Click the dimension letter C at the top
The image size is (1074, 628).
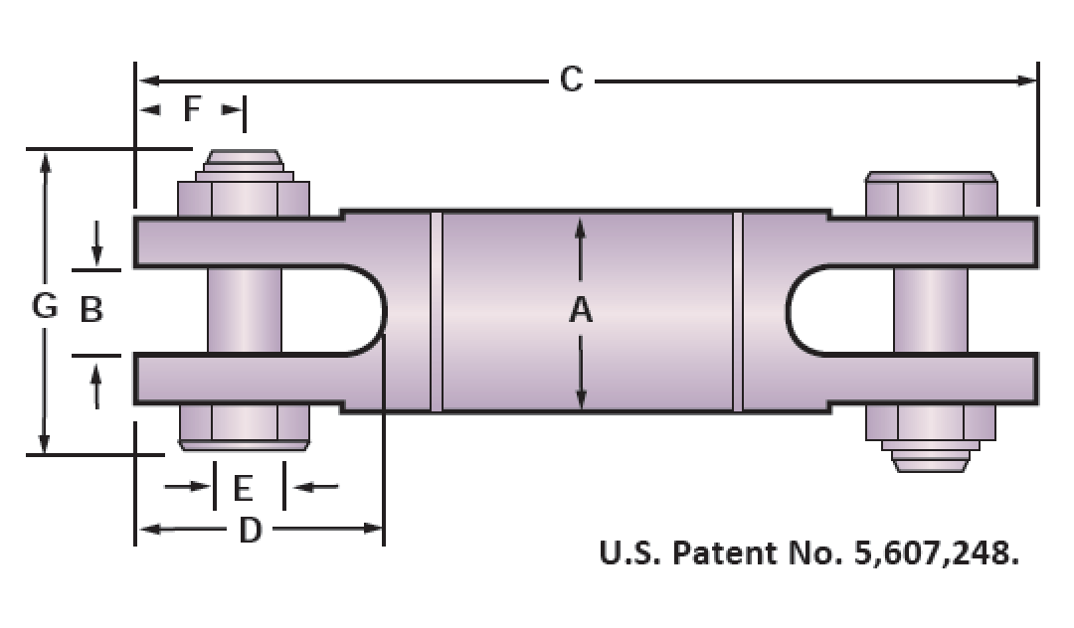(571, 79)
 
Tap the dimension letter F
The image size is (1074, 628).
(193, 108)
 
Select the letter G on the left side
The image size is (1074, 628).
(45, 305)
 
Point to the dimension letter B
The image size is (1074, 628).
(91, 309)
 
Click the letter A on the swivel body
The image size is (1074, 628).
(580, 310)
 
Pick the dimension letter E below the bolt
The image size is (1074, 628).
(244, 489)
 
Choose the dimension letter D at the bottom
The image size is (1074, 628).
(250, 530)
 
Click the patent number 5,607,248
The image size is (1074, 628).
(936, 552)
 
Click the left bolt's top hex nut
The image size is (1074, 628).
(244, 199)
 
